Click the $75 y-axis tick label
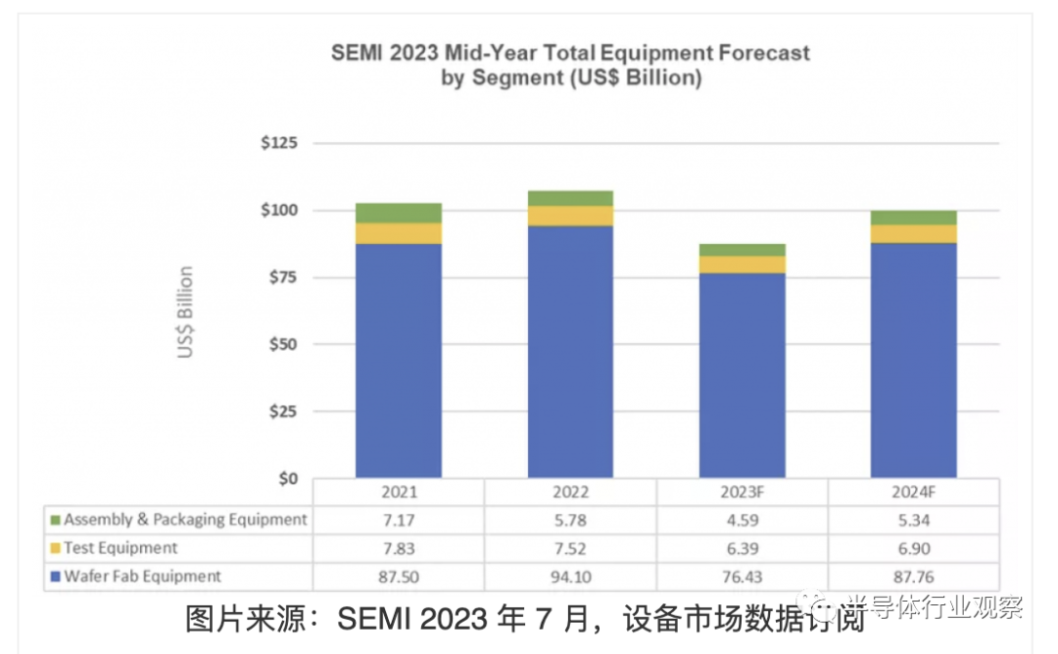coord(282,277)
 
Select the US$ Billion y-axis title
coord(185,312)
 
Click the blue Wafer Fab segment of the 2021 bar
coord(398,360)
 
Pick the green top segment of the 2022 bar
coord(570,198)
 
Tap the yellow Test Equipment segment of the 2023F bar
coord(743,264)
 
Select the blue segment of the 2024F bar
coord(914,360)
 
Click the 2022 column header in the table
coord(570,493)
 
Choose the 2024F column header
coord(914,493)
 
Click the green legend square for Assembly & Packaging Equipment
coord(55,520)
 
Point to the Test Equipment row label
coord(120,548)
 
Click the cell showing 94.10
coord(570,577)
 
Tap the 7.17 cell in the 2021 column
coord(398,520)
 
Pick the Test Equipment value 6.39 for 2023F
coord(743,548)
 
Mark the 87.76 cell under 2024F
coord(914,577)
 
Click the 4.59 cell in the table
coord(743,520)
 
